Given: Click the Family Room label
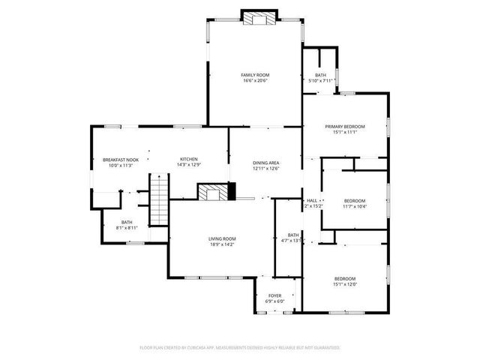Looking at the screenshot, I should point(255,75).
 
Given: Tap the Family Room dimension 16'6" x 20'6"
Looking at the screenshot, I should point(255,81).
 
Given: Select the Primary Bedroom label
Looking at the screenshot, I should point(345,127).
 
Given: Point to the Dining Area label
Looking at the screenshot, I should point(265,163).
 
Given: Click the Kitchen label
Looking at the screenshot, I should point(188,159).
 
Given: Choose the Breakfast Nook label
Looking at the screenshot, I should point(121,159).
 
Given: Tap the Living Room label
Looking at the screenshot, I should point(223,238).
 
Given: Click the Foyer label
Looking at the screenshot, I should point(274,295).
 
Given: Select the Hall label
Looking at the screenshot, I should point(312,200).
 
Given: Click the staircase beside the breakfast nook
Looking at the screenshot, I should point(159,199).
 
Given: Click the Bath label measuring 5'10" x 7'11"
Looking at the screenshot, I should point(320,75).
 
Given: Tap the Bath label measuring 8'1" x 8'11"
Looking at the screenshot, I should point(127,221).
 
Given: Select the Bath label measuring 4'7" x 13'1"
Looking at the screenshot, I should point(292,235).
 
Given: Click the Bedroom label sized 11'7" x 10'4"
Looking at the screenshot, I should point(354,200).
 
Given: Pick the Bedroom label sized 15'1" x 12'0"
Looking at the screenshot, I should point(345,278).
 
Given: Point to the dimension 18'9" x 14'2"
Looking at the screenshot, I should point(223,244).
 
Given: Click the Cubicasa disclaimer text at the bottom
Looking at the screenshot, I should point(240,347).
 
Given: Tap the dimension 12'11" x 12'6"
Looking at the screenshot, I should point(265,169).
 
